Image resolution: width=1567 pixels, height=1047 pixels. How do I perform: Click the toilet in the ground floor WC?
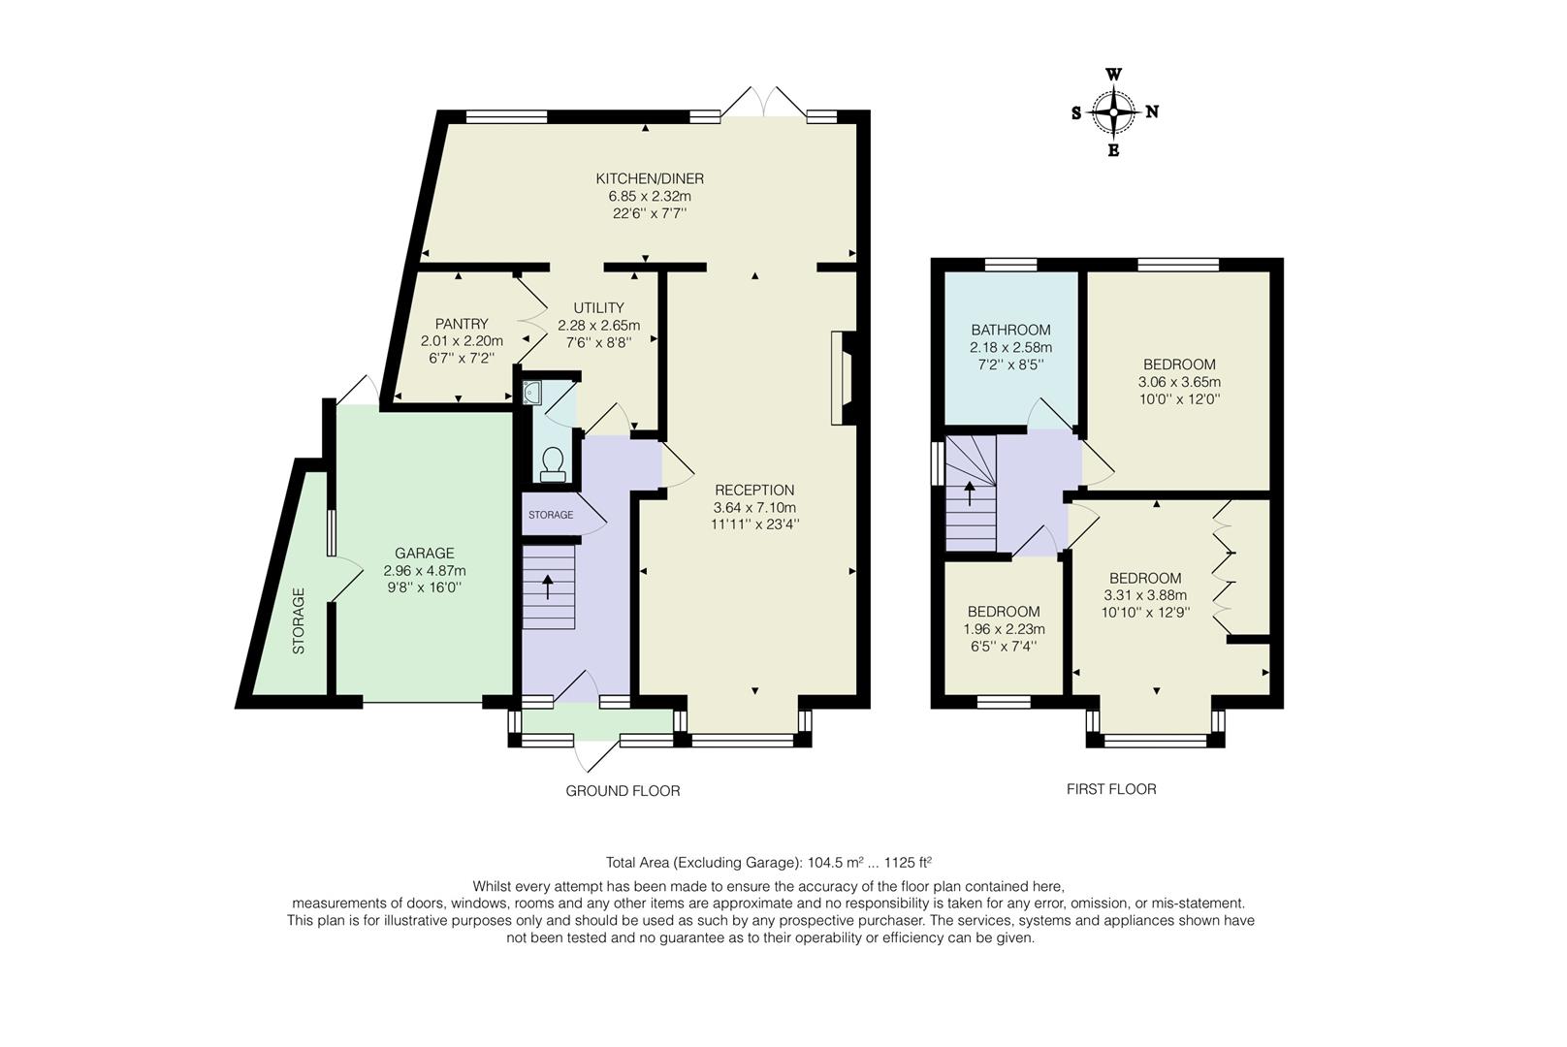pyautogui.click(x=554, y=463)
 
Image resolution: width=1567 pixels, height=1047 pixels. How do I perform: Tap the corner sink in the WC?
pyautogui.click(x=532, y=393)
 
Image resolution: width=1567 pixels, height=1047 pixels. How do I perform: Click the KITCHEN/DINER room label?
pyautogui.click(x=649, y=178)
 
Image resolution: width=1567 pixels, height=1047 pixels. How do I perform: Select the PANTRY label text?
pyautogui.click(x=462, y=324)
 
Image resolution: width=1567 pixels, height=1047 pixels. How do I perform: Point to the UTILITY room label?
pyautogui.click(x=598, y=308)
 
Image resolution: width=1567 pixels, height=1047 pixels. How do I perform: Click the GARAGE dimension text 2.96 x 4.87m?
pyautogui.click(x=425, y=570)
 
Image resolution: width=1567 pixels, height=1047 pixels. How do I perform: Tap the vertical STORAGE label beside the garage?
pyautogui.click(x=299, y=620)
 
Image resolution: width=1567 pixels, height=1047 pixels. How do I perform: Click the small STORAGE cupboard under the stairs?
pyautogui.click(x=551, y=515)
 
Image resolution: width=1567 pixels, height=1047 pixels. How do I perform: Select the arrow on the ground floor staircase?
pyautogui.click(x=547, y=586)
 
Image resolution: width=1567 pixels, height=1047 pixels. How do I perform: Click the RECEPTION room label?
pyautogui.click(x=754, y=491)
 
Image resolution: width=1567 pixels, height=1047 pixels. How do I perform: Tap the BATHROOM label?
pyautogui.click(x=1010, y=330)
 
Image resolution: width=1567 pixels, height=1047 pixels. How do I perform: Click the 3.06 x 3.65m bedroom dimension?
pyautogui.click(x=1179, y=382)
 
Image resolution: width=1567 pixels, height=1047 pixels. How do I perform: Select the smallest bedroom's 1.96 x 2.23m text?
pyautogui.click(x=1004, y=628)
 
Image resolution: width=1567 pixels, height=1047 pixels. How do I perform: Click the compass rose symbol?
pyautogui.click(x=1115, y=112)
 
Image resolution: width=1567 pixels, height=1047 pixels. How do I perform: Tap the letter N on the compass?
pyautogui.click(x=1152, y=112)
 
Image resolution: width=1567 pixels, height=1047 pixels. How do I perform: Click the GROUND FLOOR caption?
pyautogui.click(x=623, y=791)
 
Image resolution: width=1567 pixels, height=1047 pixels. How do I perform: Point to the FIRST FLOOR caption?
pyautogui.click(x=1111, y=789)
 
